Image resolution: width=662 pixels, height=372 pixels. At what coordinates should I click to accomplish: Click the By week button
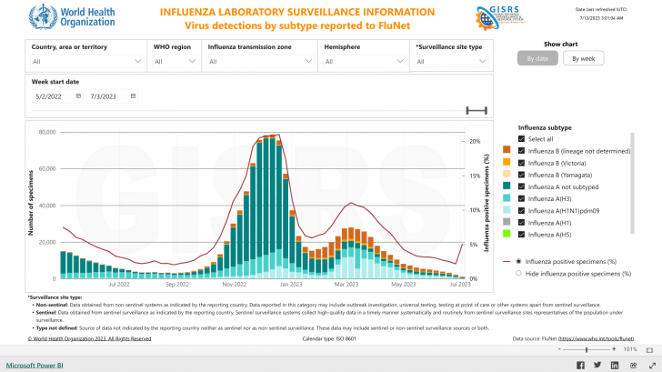point(583,58)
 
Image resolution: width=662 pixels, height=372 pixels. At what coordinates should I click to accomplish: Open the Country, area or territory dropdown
point(86,62)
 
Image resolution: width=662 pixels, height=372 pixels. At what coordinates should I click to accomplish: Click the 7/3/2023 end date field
point(108,96)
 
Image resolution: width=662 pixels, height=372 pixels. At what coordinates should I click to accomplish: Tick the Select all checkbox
point(521,138)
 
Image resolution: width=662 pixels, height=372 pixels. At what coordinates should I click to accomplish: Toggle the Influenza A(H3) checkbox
point(521,197)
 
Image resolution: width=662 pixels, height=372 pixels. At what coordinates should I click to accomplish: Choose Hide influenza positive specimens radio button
point(518,273)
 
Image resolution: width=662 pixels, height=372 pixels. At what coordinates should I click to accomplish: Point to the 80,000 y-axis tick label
point(43,132)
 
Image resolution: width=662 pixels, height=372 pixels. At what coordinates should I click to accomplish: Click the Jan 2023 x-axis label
point(290,284)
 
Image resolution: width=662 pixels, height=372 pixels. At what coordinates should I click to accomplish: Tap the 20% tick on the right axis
point(475,141)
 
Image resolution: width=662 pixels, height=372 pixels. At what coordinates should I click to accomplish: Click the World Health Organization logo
point(60,18)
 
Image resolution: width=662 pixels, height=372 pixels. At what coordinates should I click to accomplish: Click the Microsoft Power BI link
point(35,365)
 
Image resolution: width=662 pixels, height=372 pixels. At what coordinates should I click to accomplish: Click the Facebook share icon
point(583,365)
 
